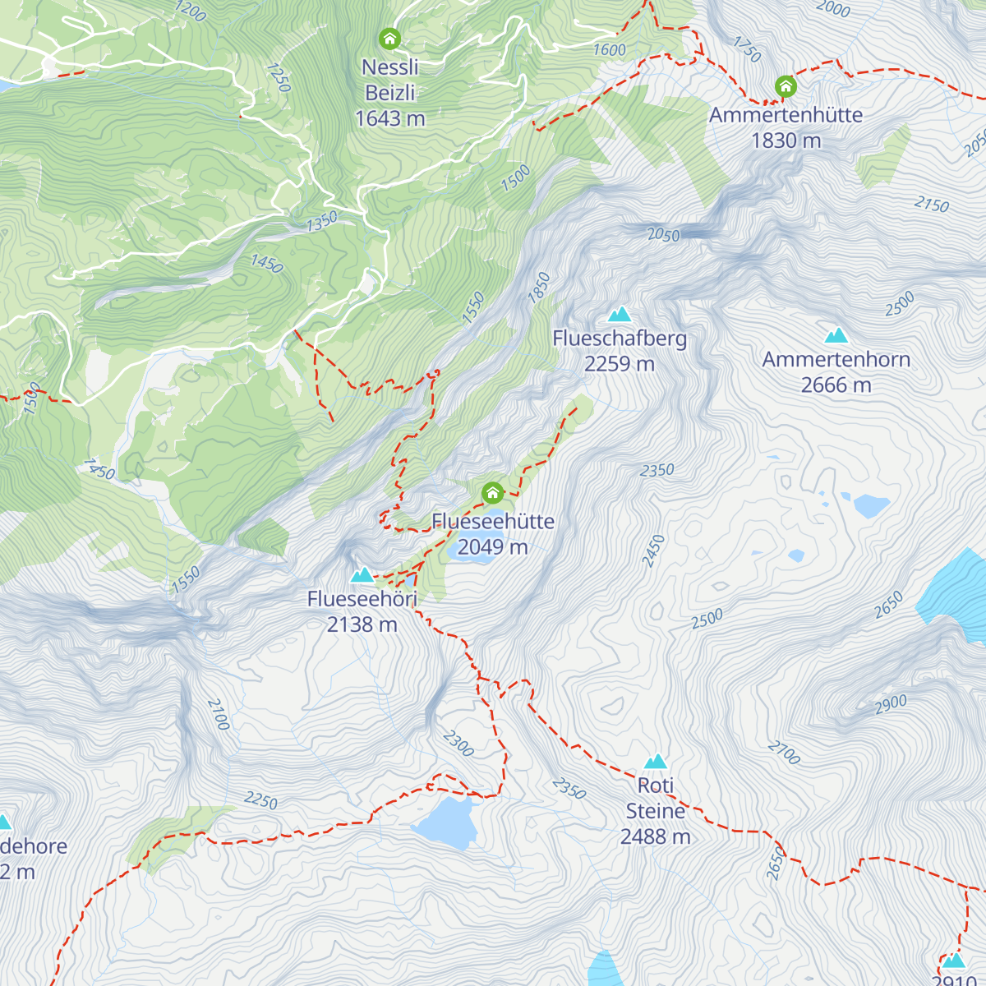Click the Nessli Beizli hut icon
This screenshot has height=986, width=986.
389,39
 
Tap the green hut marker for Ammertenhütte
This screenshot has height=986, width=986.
786,86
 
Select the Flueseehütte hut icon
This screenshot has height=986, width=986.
492,493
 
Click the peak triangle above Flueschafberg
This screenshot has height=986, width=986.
620,314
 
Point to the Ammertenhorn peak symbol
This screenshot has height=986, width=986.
836,335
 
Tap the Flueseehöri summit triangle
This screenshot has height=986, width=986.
362,575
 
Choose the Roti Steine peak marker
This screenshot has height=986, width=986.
655,762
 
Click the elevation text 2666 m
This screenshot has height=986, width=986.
836,385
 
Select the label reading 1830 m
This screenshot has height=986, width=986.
786,141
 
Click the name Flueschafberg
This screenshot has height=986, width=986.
620,339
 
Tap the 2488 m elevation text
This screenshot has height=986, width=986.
655,836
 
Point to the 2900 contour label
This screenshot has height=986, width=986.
891,703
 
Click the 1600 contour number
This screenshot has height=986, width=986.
610,50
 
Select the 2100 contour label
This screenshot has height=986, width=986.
218,714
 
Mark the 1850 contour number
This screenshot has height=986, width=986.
539,288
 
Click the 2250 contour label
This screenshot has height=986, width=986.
260,800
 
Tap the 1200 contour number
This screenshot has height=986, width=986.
190,12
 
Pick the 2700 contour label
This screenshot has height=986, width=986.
784,753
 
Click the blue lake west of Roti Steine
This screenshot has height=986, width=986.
445,822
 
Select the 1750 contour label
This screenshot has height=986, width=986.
747,49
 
